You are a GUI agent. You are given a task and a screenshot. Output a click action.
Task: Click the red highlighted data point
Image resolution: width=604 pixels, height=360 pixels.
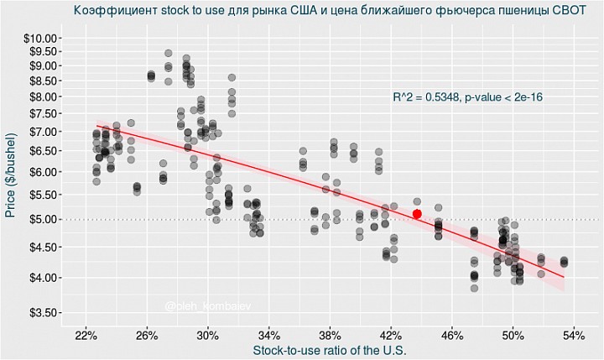pyautogui.click(x=417, y=214)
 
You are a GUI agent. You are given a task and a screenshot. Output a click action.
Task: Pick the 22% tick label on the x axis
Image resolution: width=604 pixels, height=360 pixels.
pyautogui.click(x=86, y=335)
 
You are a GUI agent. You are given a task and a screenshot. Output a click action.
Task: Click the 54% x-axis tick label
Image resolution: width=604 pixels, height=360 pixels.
pyautogui.click(x=574, y=335)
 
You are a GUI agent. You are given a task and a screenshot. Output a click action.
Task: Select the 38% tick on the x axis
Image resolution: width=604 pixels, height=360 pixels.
pyautogui.click(x=330, y=335)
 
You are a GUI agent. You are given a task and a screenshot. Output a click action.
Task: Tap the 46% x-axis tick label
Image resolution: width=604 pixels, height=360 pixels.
pyautogui.click(x=452, y=335)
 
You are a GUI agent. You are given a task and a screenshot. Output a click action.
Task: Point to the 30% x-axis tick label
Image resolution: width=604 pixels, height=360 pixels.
pyautogui.click(x=208, y=335)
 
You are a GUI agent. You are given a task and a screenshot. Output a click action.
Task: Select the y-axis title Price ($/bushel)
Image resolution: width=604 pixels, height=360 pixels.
pyautogui.click(x=12, y=175)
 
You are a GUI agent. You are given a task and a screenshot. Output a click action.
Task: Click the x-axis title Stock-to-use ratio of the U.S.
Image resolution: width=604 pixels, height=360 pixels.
pyautogui.click(x=330, y=350)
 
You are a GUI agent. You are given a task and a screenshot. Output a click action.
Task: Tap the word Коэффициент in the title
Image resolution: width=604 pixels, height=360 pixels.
pyautogui.click(x=109, y=11)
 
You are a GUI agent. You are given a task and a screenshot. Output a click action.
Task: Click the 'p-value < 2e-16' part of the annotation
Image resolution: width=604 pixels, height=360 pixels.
pyautogui.click(x=502, y=97)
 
